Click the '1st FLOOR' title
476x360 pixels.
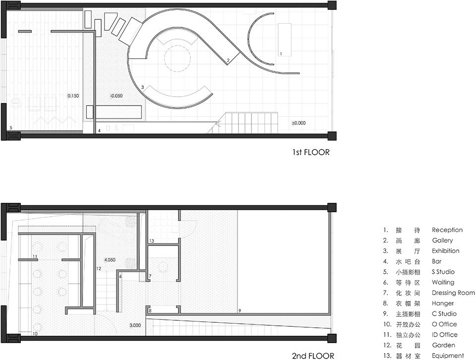311,152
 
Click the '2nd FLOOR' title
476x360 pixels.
313,356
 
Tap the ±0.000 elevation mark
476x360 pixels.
298,123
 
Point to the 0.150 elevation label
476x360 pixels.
73,96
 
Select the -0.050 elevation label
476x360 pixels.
116,96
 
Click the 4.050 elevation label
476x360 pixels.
110,260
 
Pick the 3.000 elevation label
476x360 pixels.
135,325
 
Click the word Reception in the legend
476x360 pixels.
447,230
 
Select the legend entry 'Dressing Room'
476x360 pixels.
453,293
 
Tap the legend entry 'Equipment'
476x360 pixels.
448,356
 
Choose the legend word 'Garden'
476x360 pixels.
443,345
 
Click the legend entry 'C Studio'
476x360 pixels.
444,313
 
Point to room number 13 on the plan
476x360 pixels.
152,240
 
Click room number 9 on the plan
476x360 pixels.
240,310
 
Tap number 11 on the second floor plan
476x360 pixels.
35,256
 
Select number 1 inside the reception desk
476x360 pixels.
281,54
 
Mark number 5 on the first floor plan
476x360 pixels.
11,128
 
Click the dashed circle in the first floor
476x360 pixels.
178,59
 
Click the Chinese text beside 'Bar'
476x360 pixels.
408,261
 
